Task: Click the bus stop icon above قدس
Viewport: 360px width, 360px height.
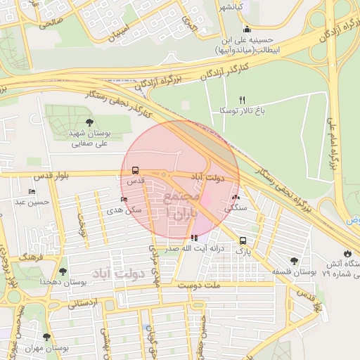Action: tap(134, 169)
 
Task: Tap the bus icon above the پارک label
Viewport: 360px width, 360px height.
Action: tap(243, 240)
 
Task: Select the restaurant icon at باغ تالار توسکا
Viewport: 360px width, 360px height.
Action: tap(243, 100)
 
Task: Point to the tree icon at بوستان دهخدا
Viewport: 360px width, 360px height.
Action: tap(63, 271)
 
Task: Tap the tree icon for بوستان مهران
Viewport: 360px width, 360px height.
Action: tap(47, 337)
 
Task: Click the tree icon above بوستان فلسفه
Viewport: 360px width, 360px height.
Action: tap(294, 261)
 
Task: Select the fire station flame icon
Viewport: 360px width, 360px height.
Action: tap(347, 253)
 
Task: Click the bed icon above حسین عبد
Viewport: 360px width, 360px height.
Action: tap(32, 191)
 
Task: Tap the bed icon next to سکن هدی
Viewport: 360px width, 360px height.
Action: tap(124, 199)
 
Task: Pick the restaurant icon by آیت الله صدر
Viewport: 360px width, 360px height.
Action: tap(194, 238)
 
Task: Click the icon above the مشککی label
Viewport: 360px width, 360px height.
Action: tap(236, 198)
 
